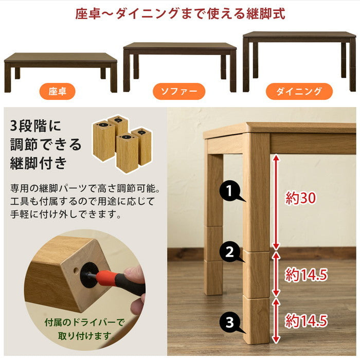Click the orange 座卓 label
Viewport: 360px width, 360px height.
click(57, 92)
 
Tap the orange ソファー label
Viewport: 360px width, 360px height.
click(179, 92)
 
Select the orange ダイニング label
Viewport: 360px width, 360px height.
click(299, 92)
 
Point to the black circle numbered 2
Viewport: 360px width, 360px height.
click(230, 252)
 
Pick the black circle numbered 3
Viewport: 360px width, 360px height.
click(230, 322)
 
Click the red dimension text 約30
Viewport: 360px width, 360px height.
click(300, 198)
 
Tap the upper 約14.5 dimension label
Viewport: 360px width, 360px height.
click(306, 275)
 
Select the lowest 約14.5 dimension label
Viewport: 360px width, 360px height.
click(306, 320)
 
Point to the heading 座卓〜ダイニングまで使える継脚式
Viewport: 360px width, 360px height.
click(180, 13)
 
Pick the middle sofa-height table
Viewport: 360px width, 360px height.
click(180, 66)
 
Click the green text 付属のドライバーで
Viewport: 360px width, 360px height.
click(84, 322)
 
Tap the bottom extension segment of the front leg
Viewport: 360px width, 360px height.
click(256, 320)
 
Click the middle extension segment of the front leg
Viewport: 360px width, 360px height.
click(256, 274)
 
